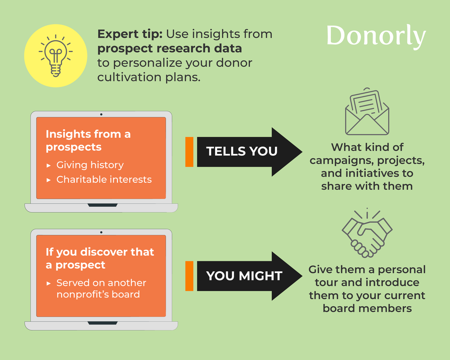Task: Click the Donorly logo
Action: click(376, 36)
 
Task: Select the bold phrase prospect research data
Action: click(170, 48)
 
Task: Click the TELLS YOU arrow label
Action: click(242, 151)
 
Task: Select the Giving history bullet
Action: click(90, 165)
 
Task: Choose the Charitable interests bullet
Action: click(103, 180)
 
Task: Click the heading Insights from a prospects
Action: click(88, 140)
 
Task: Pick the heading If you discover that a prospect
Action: click(99, 258)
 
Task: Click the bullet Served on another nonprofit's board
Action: click(101, 289)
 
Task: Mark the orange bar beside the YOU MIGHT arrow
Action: click(189, 275)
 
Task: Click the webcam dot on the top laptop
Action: click(101, 114)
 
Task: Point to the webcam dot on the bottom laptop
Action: click(101, 232)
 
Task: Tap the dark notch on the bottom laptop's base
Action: click(101, 323)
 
